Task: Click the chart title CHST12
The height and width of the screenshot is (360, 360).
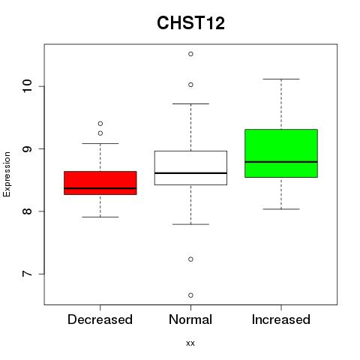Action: (190, 22)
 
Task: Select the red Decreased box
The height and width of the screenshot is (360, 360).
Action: (100, 183)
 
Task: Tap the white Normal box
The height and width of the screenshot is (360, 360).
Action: (190, 168)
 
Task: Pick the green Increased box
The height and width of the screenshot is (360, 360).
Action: (281, 153)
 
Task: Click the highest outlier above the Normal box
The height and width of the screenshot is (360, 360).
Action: (190, 54)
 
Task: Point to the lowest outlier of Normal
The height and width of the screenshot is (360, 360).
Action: (190, 295)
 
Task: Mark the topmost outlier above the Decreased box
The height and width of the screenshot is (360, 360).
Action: (100, 124)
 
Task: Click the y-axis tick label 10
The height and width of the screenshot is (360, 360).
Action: (27, 86)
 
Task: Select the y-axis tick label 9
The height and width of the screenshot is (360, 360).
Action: (27, 148)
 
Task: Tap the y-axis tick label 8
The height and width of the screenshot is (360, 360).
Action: (27, 211)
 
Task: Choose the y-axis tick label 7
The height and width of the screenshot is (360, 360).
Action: (27, 274)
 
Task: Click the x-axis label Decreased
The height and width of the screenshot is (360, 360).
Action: (100, 319)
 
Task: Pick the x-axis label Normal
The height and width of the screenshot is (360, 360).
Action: (190, 319)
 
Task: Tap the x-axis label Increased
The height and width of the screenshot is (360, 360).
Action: (281, 319)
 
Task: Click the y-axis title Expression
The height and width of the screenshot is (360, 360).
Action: (7, 174)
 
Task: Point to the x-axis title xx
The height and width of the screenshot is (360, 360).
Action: (190, 343)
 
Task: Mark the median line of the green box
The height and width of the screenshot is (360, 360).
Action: (281, 162)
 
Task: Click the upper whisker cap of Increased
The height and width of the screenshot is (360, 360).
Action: (281, 79)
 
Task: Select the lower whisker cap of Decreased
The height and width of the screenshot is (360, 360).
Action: (100, 217)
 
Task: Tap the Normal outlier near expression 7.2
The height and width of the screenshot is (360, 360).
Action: (190, 259)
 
